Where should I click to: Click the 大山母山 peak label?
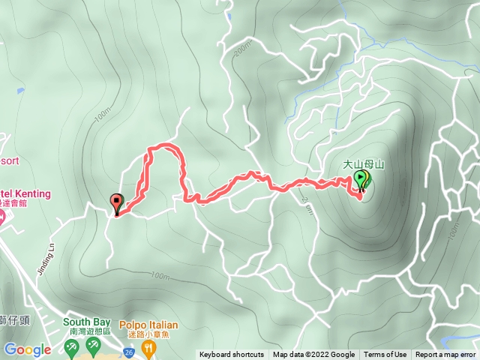[x=363, y=163]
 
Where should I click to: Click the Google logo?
[x=28, y=349]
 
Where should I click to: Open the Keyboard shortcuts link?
[x=231, y=355]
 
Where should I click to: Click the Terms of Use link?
[x=385, y=355]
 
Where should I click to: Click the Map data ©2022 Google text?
[x=313, y=355]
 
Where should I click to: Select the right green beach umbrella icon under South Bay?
[x=93, y=346]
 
